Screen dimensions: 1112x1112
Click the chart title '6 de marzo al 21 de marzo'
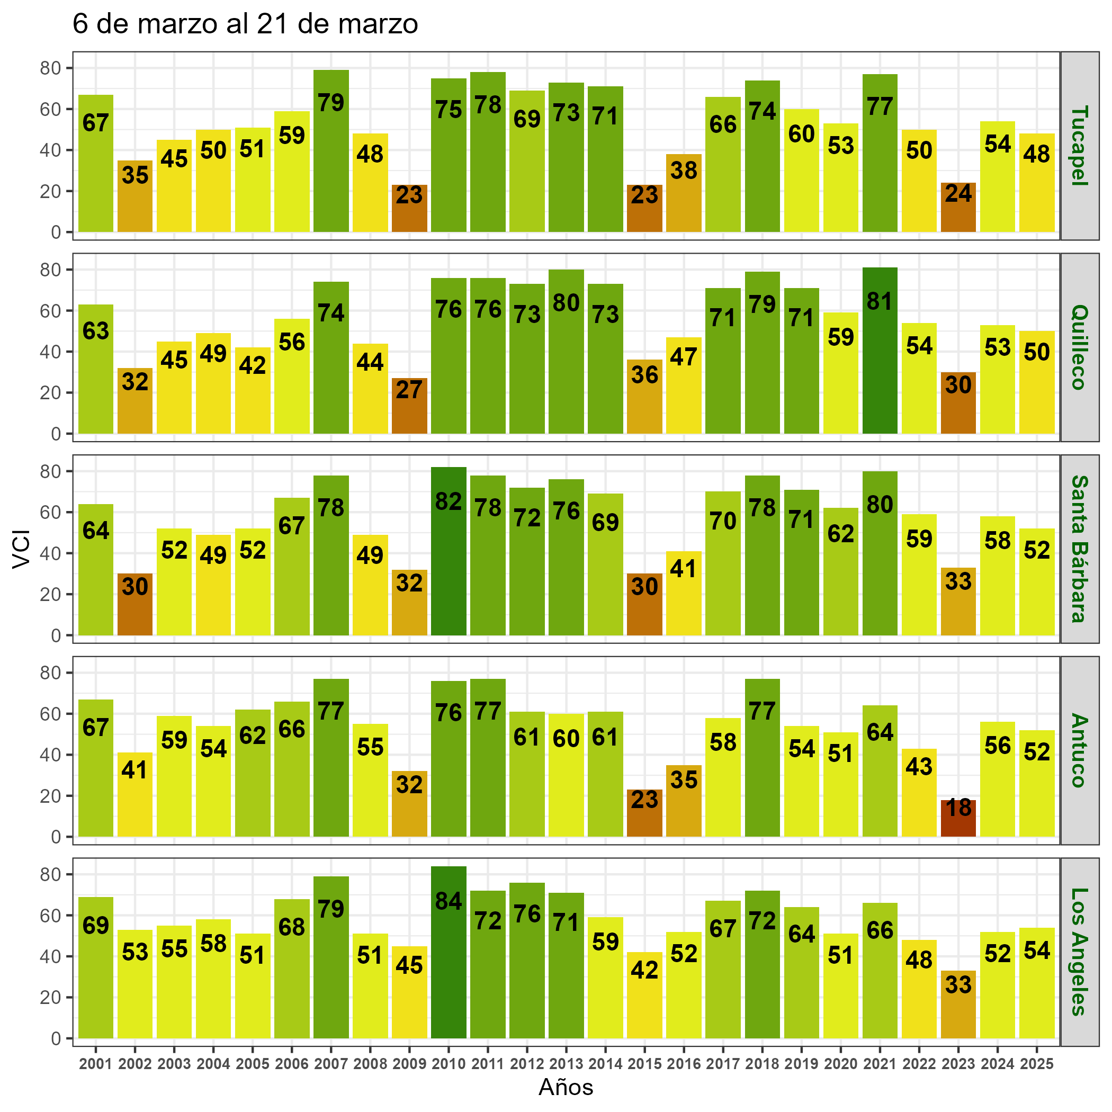click(x=245, y=25)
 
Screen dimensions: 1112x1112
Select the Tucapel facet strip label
click(x=1079, y=146)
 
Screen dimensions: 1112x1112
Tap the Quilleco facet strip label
click(x=1079, y=347)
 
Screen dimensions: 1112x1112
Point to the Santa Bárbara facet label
click(x=1079, y=549)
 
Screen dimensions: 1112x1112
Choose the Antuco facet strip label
click(x=1079, y=750)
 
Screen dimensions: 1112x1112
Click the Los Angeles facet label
click(x=1079, y=952)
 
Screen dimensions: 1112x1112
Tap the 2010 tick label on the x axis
click(x=449, y=1064)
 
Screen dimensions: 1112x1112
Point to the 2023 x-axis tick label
click(x=958, y=1064)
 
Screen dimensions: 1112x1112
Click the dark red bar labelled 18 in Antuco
click(x=958, y=818)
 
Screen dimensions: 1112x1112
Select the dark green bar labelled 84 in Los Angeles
click(x=449, y=952)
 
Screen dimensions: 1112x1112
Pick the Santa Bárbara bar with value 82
click(x=449, y=551)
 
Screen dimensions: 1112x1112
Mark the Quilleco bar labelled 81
click(x=880, y=351)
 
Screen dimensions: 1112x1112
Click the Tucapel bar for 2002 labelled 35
click(x=134, y=196)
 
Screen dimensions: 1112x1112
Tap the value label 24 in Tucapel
click(x=958, y=193)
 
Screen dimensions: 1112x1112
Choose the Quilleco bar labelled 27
click(x=409, y=406)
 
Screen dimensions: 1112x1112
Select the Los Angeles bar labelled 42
click(x=644, y=995)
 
